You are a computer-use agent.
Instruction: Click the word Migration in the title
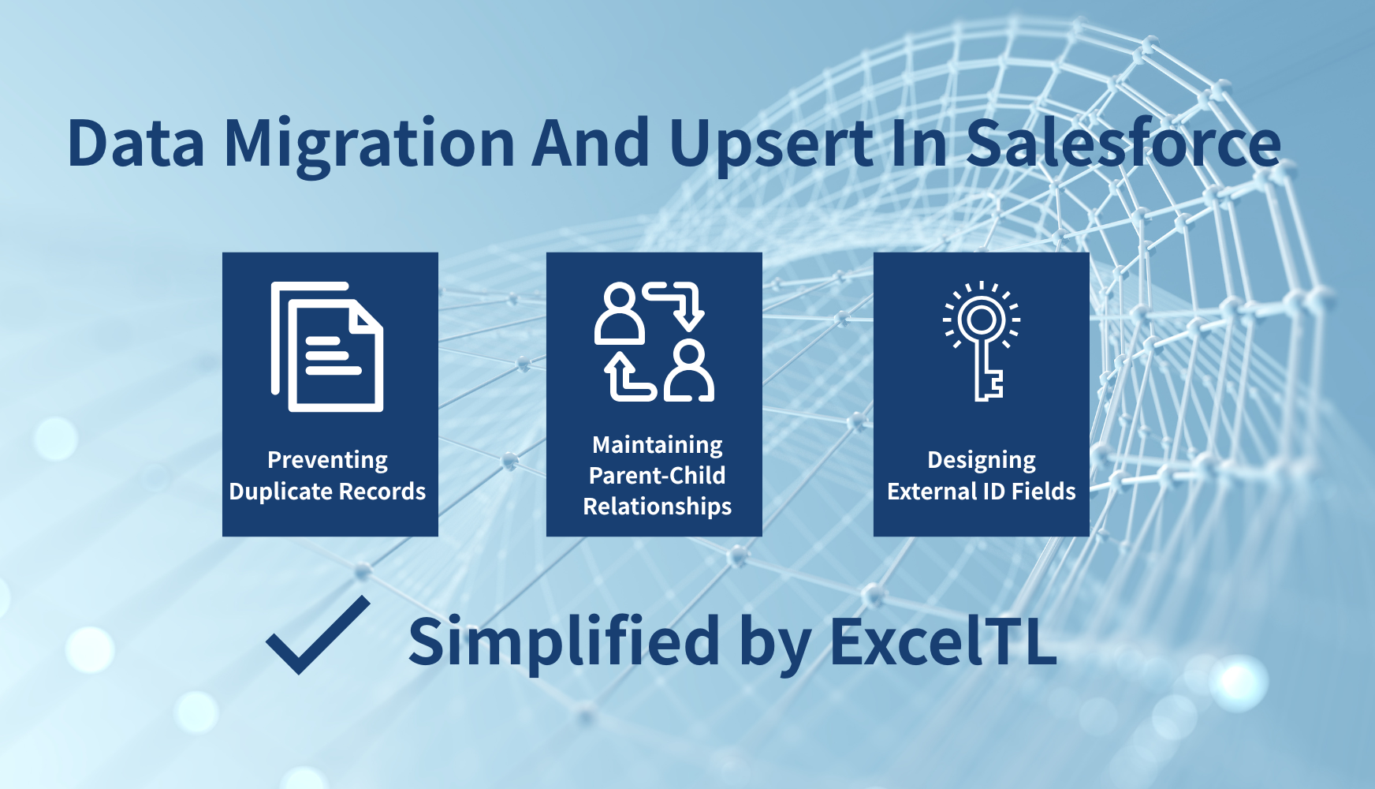tap(369, 145)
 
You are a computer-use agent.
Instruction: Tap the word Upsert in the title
tap(771, 145)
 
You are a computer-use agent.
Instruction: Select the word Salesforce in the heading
tap(1123, 144)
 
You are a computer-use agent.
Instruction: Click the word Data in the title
tap(136, 144)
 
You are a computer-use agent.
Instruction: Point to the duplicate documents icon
tap(328, 346)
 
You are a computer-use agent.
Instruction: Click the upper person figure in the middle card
tap(619, 313)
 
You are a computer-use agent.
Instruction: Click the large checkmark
tap(319, 635)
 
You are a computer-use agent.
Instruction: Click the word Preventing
tap(327, 460)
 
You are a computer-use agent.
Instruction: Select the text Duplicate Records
tap(327, 492)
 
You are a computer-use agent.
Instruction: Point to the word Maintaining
tap(657, 445)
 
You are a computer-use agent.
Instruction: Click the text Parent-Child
tap(657, 476)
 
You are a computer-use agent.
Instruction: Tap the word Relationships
tap(657, 507)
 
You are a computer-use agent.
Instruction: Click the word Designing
tap(981, 460)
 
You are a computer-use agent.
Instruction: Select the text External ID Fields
tap(981, 492)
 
